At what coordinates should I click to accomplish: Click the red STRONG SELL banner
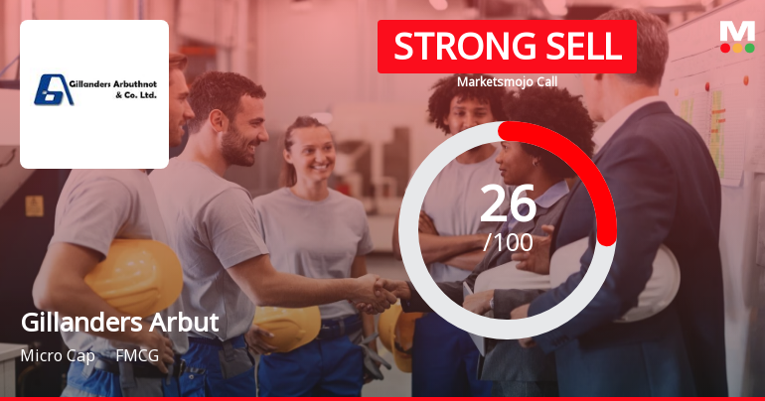(x=506, y=47)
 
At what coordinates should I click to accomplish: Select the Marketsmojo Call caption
(x=506, y=83)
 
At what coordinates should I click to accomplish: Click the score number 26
(x=507, y=203)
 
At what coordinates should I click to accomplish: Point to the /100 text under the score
(x=508, y=241)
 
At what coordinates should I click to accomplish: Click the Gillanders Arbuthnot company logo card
(x=94, y=94)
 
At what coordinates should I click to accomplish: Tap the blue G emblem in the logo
(x=50, y=89)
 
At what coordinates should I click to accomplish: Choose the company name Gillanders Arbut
(x=119, y=324)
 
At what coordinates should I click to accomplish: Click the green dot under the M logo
(x=749, y=48)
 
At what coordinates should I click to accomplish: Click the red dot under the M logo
(x=725, y=48)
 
